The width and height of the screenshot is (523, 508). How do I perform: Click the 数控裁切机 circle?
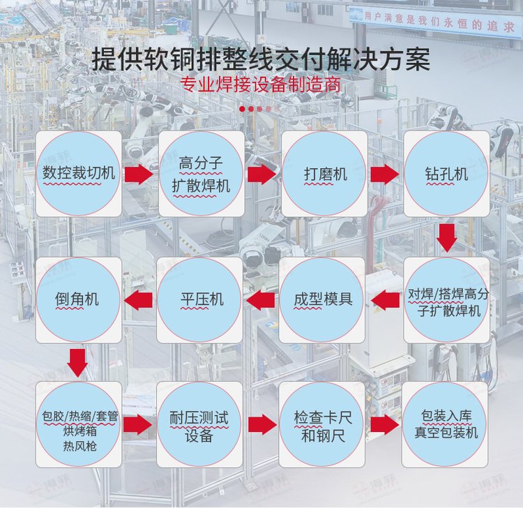click(79, 173)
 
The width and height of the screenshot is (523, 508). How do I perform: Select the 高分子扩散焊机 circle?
click(201, 173)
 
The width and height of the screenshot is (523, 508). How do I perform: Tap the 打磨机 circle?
click(324, 173)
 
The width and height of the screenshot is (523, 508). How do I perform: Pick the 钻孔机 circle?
click(446, 173)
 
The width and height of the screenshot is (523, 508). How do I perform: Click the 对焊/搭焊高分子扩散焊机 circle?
click(446, 300)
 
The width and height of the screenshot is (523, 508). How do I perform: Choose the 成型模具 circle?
click(323, 300)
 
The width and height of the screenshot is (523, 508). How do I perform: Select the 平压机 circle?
click(201, 300)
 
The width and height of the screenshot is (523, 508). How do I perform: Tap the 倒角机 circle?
click(78, 300)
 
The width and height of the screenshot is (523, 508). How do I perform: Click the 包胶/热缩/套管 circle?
click(78, 424)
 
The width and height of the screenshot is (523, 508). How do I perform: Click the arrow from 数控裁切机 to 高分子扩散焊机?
click(139, 174)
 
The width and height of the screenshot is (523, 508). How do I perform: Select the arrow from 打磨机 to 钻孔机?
click(384, 174)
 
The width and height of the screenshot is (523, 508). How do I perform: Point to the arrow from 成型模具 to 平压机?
click(262, 301)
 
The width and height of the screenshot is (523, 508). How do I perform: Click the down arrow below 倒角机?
click(78, 361)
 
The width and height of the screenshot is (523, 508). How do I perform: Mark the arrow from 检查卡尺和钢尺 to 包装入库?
click(384, 424)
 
